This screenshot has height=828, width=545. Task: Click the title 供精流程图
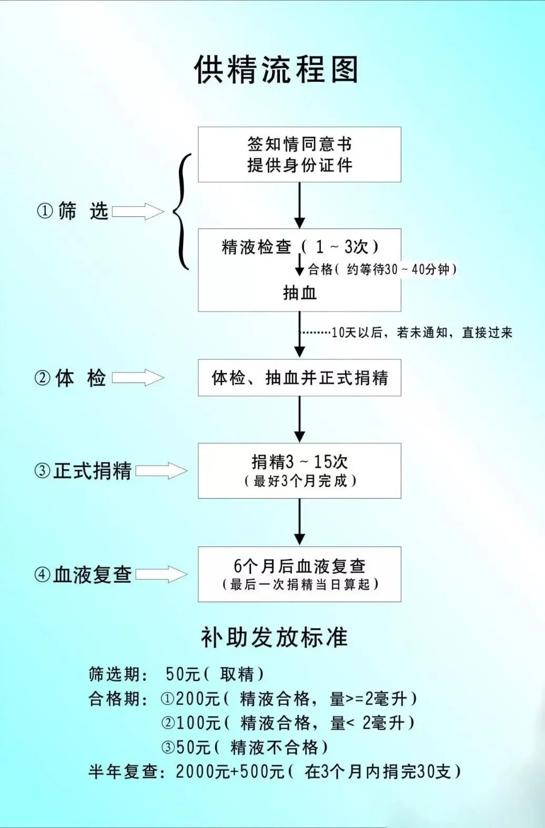pyautogui.click(x=276, y=69)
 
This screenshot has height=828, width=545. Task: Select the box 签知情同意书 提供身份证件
pyautogui.click(x=299, y=154)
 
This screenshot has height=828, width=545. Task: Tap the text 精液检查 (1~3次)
pyautogui.click(x=299, y=246)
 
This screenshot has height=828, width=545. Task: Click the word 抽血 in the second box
pyautogui.click(x=299, y=292)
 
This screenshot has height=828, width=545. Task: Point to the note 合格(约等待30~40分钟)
pyautogui.click(x=382, y=270)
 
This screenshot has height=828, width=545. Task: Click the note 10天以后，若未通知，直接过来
pyautogui.click(x=421, y=333)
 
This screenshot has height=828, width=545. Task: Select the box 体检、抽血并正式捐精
pyautogui.click(x=299, y=378)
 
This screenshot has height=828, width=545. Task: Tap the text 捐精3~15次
pyautogui.click(x=299, y=461)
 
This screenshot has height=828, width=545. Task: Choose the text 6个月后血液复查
pyautogui.click(x=299, y=566)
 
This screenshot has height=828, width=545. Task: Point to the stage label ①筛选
pyautogui.click(x=73, y=211)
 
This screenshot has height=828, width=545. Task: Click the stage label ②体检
pyautogui.click(x=70, y=378)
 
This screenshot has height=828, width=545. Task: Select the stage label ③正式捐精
pyautogui.click(x=83, y=471)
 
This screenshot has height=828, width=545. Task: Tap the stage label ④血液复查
pyautogui.click(x=83, y=575)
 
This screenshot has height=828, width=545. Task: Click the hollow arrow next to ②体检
pyautogui.click(x=138, y=378)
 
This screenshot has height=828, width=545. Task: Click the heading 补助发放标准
pyautogui.click(x=274, y=637)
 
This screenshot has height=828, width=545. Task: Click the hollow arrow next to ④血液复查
pyautogui.click(x=162, y=574)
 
